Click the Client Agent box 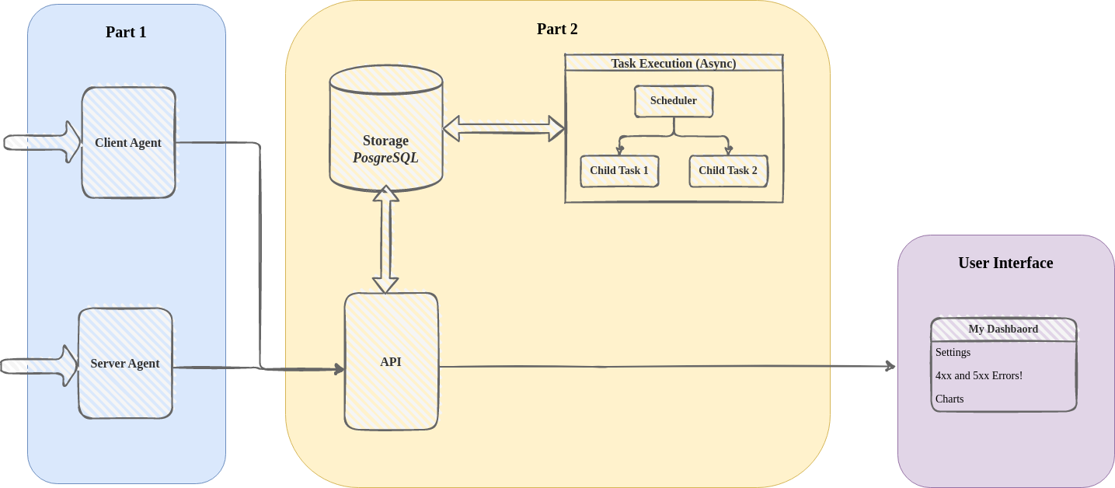[128, 142]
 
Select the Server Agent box [125, 363]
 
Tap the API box [391, 361]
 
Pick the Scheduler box [673, 101]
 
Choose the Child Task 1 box [618, 171]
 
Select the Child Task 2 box [728, 171]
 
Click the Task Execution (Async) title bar [673, 63]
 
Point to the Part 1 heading [126, 32]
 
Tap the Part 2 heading [557, 30]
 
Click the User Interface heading [1005, 263]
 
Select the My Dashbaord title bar [1003, 329]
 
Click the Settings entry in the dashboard [953, 352]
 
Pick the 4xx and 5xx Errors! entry [978, 375]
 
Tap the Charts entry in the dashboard [949, 399]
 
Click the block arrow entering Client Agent [43, 142]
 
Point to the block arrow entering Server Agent [39, 365]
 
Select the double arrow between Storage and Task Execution [503, 129]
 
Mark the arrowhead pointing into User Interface [890, 365]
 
